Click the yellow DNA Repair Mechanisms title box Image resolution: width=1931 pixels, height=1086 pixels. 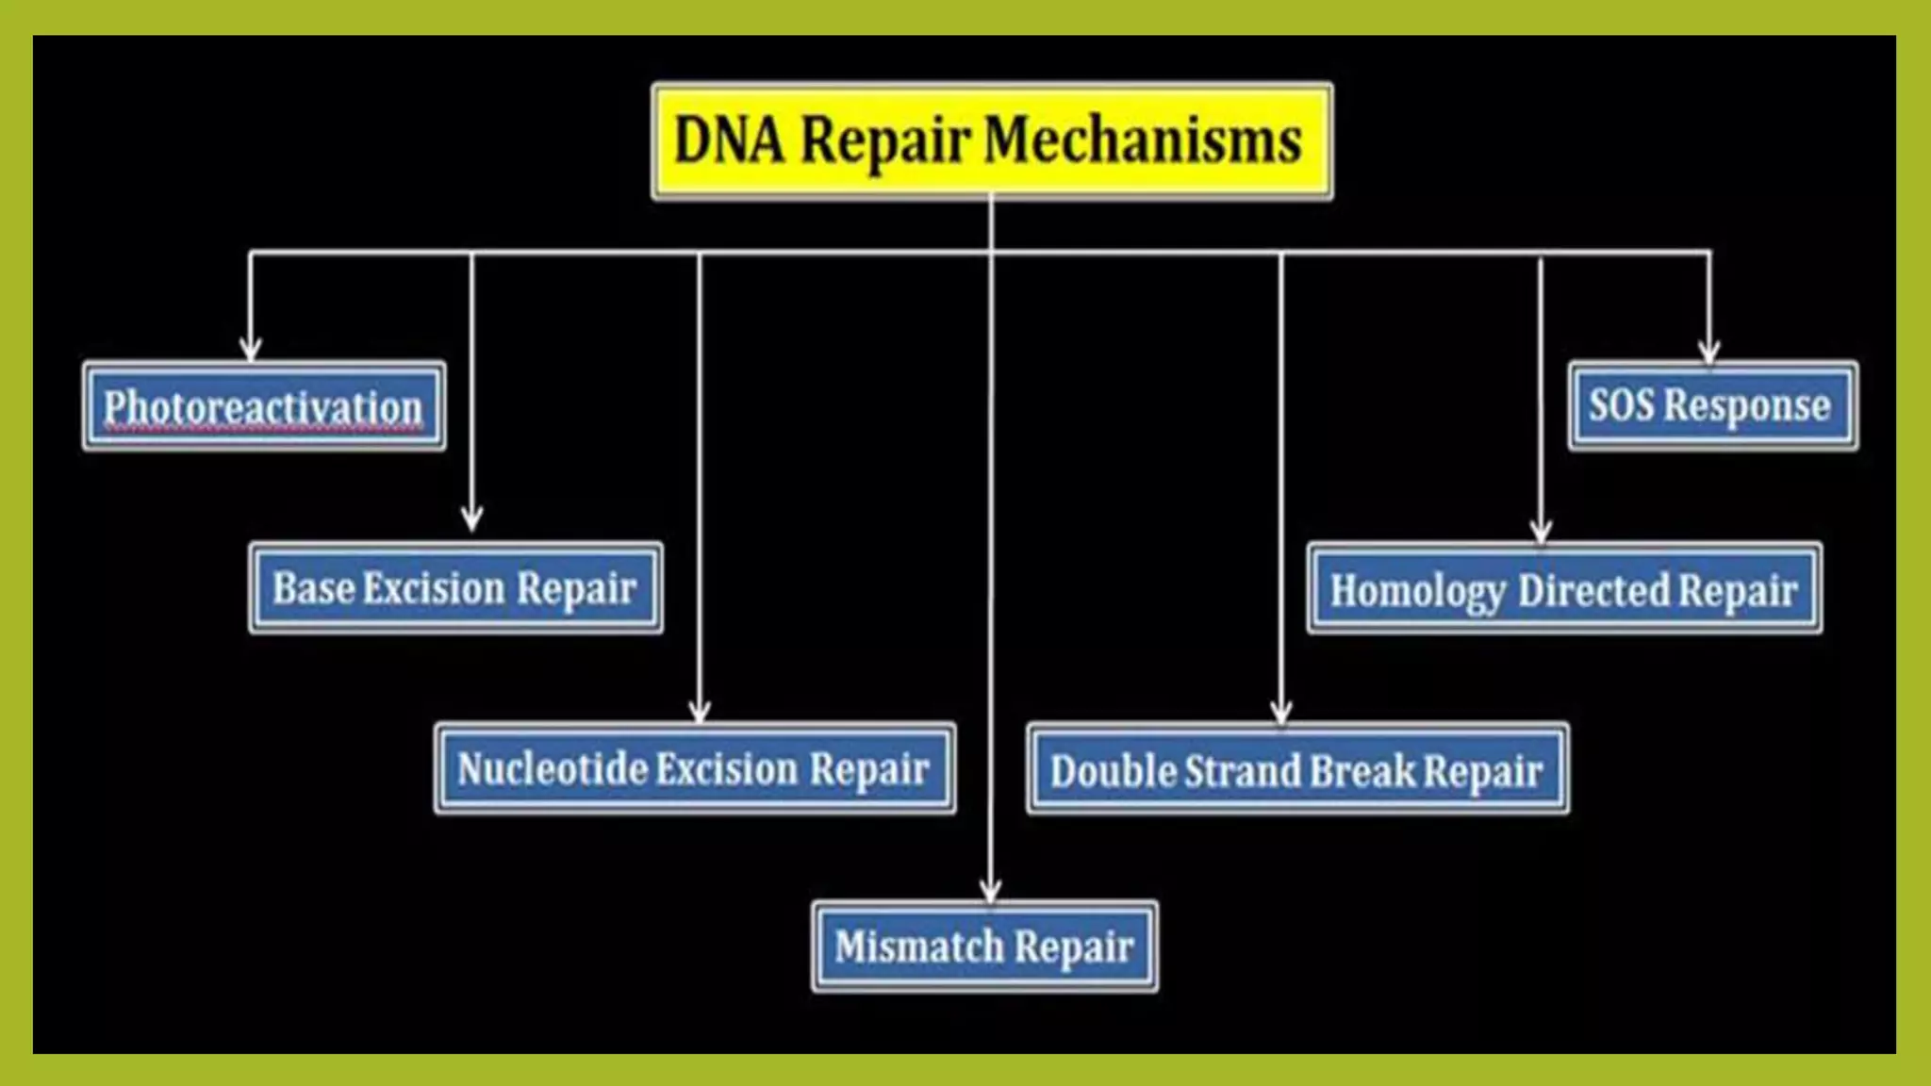click(992, 141)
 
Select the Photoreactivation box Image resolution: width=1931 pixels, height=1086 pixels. click(264, 406)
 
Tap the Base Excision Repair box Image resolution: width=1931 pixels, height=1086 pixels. click(455, 587)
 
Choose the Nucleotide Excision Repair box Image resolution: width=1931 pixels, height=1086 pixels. click(695, 768)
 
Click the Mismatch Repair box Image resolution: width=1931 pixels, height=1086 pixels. click(984, 946)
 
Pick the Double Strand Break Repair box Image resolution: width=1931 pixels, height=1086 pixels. click(1297, 769)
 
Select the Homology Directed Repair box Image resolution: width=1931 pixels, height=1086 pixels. click(1564, 589)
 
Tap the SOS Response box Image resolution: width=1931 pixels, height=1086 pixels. click(1712, 405)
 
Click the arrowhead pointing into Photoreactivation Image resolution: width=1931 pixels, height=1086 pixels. click(250, 349)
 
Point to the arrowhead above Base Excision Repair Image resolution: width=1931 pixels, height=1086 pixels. click(471, 519)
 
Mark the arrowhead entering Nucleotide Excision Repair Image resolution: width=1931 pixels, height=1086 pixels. click(699, 711)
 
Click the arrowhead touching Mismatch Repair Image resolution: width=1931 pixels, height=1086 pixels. click(990, 890)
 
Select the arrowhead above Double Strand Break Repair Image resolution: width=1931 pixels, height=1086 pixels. click(1280, 712)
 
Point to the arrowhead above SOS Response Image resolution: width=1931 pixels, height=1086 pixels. click(1708, 352)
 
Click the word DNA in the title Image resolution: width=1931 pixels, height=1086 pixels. click(729, 141)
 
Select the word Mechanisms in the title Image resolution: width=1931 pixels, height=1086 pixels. click(1143, 140)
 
